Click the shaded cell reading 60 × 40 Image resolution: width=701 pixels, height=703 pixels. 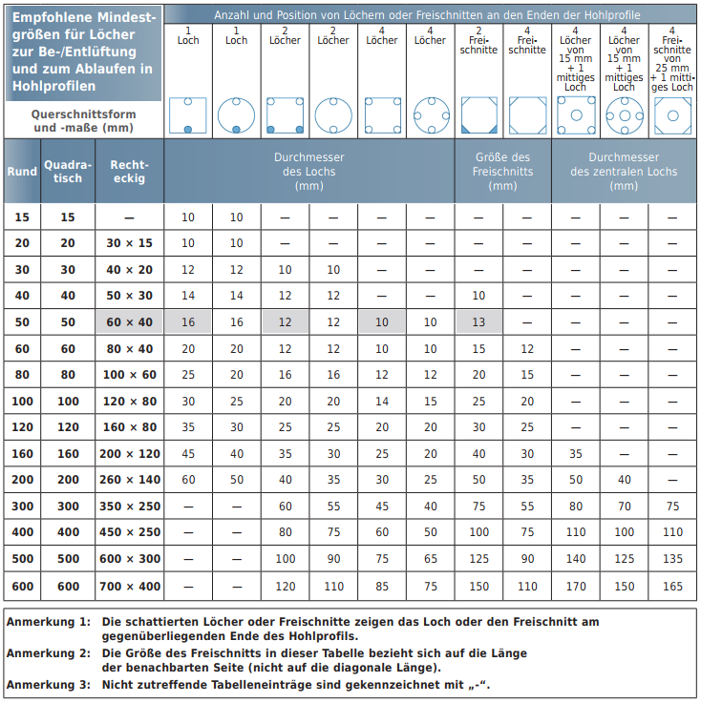(x=129, y=322)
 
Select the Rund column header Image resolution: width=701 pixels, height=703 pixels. (x=22, y=172)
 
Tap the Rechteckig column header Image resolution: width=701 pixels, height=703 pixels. (x=129, y=172)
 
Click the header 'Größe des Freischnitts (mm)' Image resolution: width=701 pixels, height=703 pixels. (x=502, y=172)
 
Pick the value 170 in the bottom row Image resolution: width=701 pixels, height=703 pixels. (x=575, y=586)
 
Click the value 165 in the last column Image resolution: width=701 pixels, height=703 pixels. (x=672, y=586)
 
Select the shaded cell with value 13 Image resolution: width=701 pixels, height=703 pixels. (x=478, y=322)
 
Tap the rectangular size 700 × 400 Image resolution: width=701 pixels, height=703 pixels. (x=129, y=586)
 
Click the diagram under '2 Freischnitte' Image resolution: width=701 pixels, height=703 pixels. (x=478, y=115)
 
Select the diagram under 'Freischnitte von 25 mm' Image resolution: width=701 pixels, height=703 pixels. (x=672, y=115)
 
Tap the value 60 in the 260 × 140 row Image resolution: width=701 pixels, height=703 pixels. (x=188, y=480)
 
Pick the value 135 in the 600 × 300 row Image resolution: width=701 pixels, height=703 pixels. (x=672, y=559)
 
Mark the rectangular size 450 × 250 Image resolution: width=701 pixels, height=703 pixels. (x=129, y=532)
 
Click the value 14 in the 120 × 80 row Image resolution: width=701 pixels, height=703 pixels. (x=382, y=402)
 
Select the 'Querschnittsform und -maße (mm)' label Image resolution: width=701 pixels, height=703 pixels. (x=83, y=120)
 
